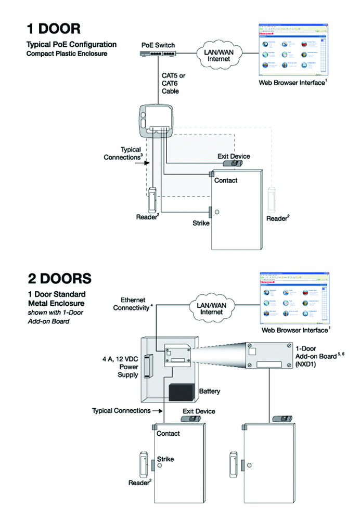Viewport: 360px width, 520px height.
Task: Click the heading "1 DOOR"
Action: coord(54,28)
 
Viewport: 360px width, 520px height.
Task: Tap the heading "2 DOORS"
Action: coord(59,278)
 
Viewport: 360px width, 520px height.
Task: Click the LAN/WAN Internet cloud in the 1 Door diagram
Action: coord(218,54)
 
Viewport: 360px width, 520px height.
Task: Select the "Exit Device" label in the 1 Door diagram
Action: coord(233,156)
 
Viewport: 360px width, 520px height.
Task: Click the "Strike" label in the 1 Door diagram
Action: coord(200,223)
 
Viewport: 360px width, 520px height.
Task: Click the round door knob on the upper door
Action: coord(217,212)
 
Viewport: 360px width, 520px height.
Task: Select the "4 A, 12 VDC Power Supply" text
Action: coord(121,367)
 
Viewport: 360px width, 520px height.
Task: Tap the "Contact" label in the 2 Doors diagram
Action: coord(168,433)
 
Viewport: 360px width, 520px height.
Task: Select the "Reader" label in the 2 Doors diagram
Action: coord(139,483)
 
